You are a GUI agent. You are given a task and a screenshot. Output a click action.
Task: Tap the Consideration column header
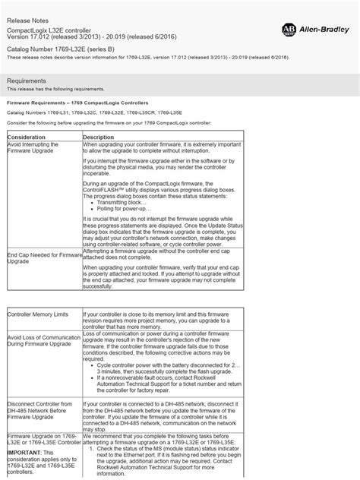pyautogui.click(x=30, y=137)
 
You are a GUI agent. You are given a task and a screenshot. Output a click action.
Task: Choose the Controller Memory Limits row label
pyautogui.click(x=38, y=314)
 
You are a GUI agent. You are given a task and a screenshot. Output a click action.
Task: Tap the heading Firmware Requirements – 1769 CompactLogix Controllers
pyautogui.click(x=77, y=103)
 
